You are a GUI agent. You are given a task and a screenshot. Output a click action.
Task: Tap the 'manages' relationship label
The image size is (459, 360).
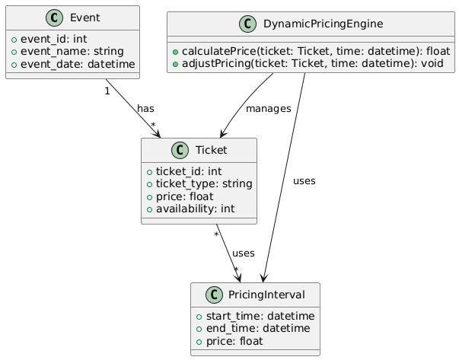[268, 109]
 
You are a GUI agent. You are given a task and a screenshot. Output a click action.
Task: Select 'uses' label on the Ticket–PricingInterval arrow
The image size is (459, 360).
[244, 253]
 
